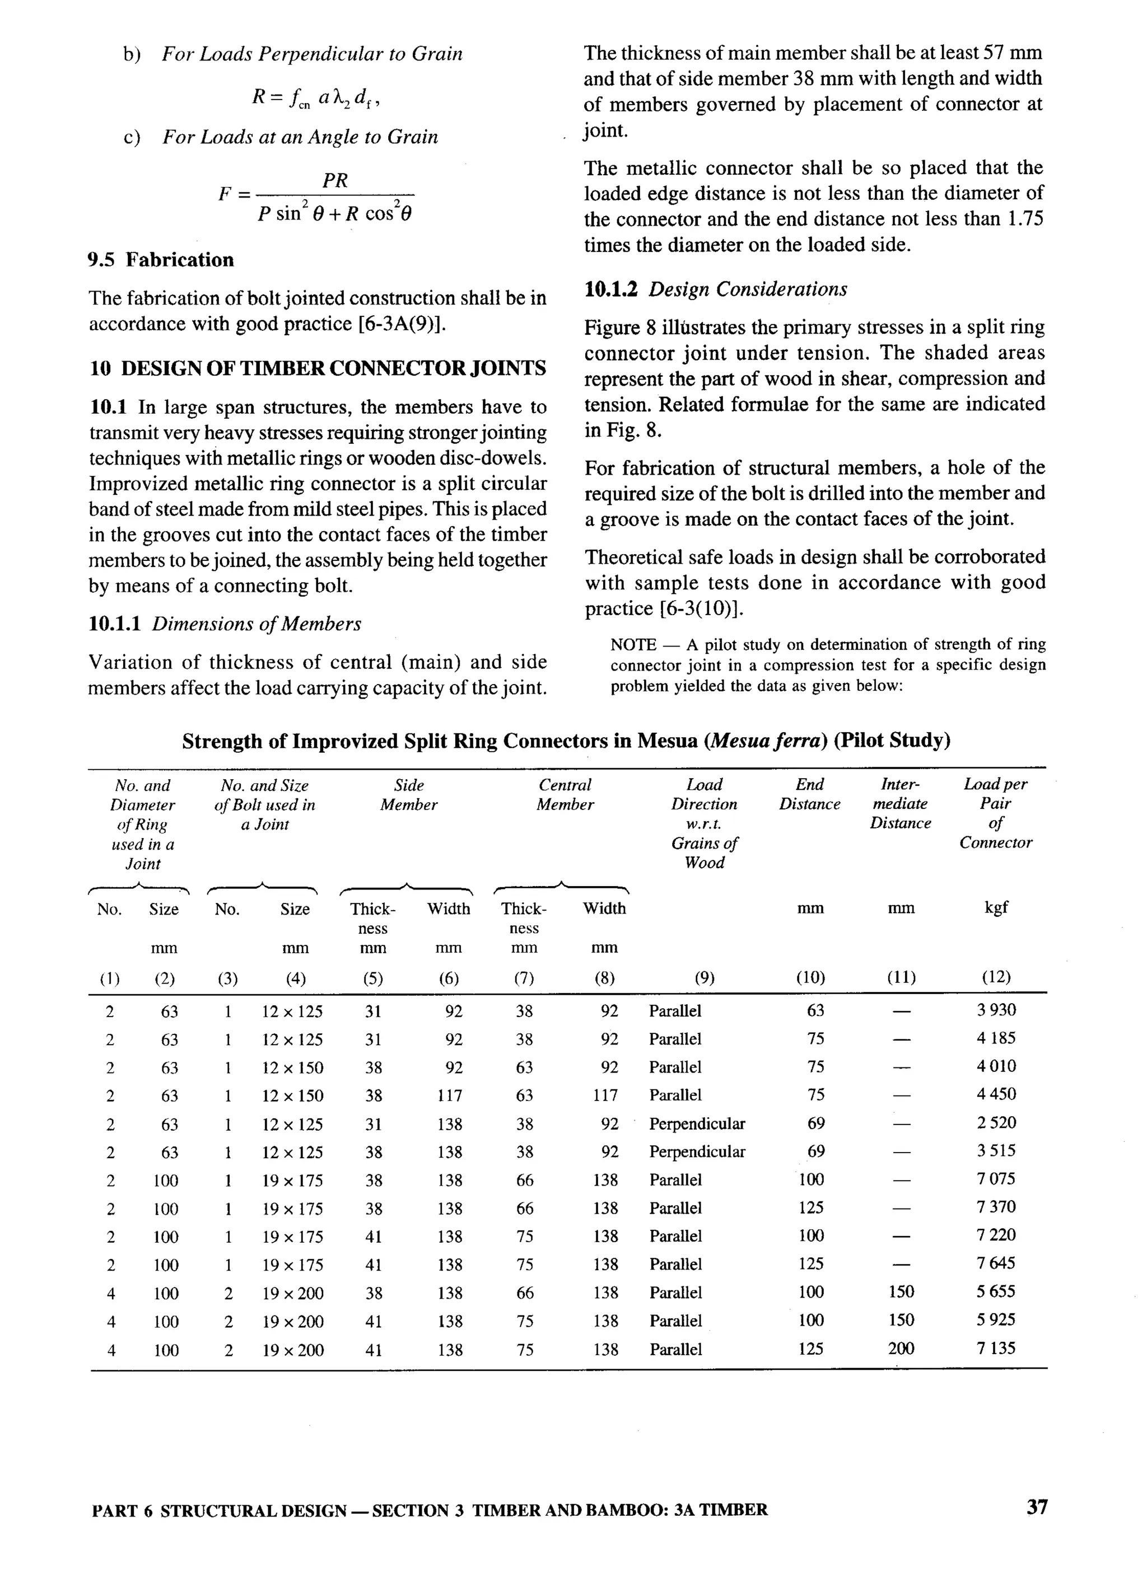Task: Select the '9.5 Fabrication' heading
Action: tap(161, 260)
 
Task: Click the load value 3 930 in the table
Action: tap(996, 1010)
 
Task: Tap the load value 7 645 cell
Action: tap(996, 1263)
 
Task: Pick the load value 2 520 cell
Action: tap(996, 1122)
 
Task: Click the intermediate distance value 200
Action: tap(901, 1348)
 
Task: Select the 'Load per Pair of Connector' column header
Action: tap(995, 813)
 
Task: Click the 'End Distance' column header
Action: tap(809, 794)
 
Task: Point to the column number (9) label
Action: tap(705, 977)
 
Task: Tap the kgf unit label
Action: tap(996, 907)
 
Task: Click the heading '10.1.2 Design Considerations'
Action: tap(716, 289)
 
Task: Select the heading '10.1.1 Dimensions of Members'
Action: tap(225, 624)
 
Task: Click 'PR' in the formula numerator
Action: tap(335, 181)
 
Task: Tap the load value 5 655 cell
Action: tap(996, 1291)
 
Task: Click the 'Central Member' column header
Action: tap(565, 794)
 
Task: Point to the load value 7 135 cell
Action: tap(996, 1348)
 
